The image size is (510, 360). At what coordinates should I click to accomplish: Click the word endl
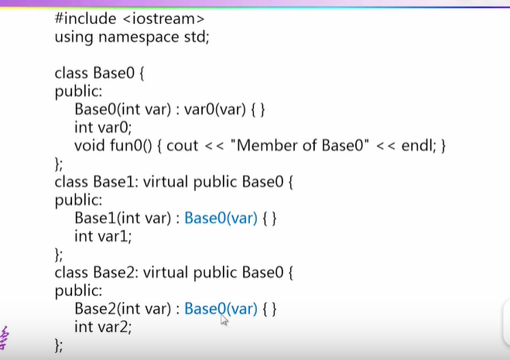[x=419, y=145]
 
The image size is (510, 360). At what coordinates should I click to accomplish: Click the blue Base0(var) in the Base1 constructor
[x=221, y=218]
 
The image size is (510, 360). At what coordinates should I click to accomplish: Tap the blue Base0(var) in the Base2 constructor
[x=221, y=309]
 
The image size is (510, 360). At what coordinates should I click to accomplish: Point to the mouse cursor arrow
[x=224, y=319]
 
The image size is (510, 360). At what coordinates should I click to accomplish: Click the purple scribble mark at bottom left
[x=6, y=337]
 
